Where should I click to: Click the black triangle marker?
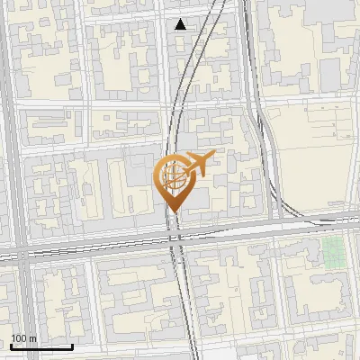click(x=181, y=24)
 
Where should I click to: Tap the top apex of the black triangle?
click(x=181, y=19)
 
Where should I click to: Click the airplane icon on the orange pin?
click(x=199, y=163)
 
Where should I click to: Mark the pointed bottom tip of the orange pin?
click(x=174, y=212)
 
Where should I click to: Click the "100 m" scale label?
click(x=23, y=338)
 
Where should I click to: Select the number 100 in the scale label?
click(x=19, y=338)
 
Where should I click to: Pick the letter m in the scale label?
click(x=33, y=338)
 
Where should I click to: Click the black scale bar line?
click(x=42, y=346)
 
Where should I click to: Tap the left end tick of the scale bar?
click(x=12, y=346)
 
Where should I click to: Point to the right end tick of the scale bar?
click(x=73, y=346)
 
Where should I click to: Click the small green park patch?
click(x=334, y=251)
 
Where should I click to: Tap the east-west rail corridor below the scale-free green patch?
click(x=334, y=220)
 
